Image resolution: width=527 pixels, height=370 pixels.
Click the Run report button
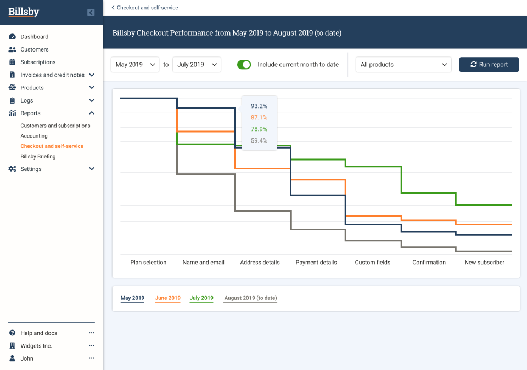coord(489,65)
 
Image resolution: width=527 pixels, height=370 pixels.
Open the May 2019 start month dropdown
coord(135,65)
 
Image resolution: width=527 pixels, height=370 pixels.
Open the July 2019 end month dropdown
coord(197,65)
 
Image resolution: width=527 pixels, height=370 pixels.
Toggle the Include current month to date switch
coord(244,65)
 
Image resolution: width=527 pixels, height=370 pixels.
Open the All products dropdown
coord(403,65)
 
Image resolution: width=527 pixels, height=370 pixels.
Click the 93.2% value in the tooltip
coord(259,106)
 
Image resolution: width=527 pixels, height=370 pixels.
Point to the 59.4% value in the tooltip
coord(259,141)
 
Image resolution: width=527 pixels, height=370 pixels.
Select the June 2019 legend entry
coord(167,298)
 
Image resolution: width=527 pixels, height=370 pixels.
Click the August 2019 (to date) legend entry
coord(250,298)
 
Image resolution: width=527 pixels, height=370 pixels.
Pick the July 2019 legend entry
coord(201,298)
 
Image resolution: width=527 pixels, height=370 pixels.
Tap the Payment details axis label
coord(316,263)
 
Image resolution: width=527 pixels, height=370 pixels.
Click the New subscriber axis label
coord(484,263)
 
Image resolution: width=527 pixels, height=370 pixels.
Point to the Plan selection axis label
coord(148,263)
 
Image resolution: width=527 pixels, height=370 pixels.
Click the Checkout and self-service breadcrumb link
coord(147,8)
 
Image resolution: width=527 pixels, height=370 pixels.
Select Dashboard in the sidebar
coord(34,37)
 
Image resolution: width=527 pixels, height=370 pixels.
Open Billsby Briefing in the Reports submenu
coord(38,157)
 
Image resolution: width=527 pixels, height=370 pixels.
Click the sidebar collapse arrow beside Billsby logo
coord(91,13)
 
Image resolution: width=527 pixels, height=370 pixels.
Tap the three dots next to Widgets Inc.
coord(92,346)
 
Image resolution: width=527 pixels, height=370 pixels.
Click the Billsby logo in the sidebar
coord(24,12)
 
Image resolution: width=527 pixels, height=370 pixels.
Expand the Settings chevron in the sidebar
coord(92,169)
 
